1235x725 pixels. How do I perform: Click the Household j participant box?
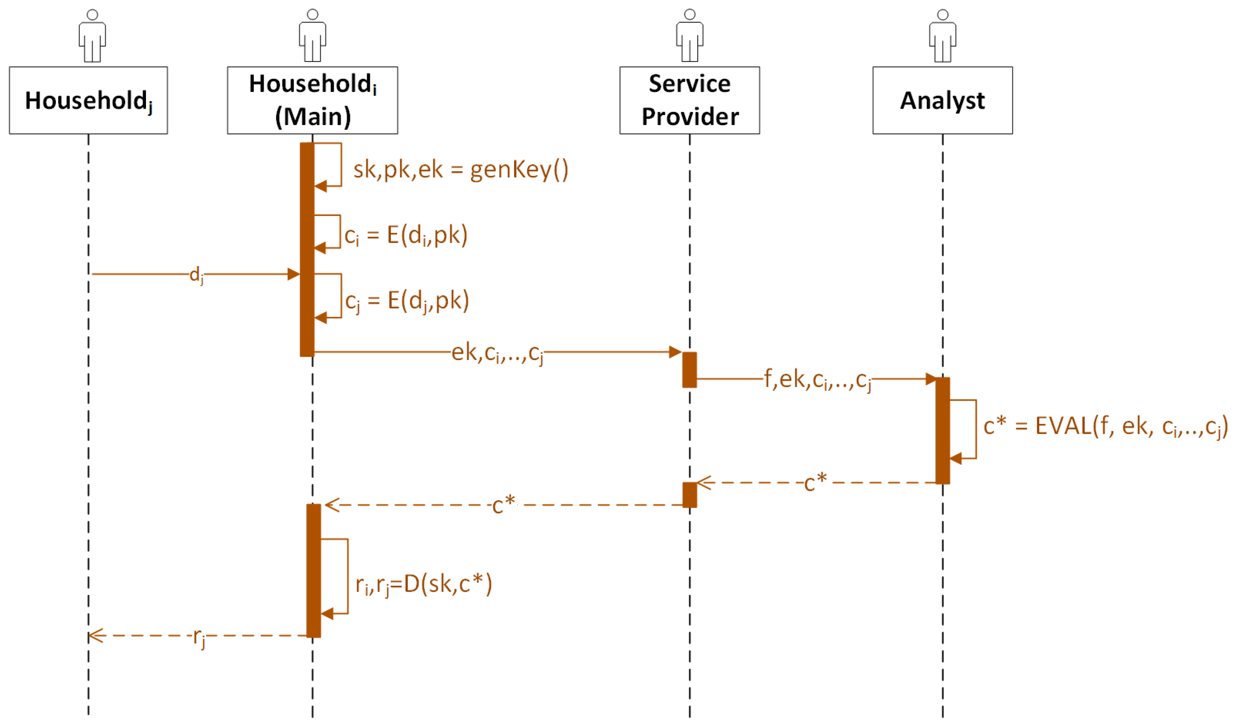pyautogui.click(x=88, y=101)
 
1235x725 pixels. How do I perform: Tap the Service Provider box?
pyautogui.click(x=689, y=101)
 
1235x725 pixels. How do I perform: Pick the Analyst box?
pyautogui.click(x=942, y=101)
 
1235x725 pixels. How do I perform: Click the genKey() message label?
pyautogui.click(x=461, y=170)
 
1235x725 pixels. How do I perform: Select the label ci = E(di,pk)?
pyautogui.click(x=406, y=236)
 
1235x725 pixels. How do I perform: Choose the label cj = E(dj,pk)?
pyautogui.click(x=407, y=301)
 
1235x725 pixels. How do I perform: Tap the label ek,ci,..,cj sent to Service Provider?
pyautogui.click(x=497, y=353)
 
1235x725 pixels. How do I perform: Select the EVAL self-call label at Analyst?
pyautogui.click(x=1105, y=426)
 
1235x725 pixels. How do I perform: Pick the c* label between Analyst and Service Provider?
pyautogui.click(x=816, y=483)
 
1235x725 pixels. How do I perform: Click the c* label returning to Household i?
pyautogui.click(x=504, y=504)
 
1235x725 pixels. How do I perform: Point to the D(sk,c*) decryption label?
pyautogui.click(x=424, y=584)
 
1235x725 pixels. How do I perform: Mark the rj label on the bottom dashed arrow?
pyautogui.click(x=198, y=638)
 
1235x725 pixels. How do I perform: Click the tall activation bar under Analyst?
pyautogui.click(x=942, y=430)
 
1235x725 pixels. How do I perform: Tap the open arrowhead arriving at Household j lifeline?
pyautogui.click(x=96, y=636)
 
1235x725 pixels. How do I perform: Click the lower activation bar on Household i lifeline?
pyautogui.click(x=314, y=571)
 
